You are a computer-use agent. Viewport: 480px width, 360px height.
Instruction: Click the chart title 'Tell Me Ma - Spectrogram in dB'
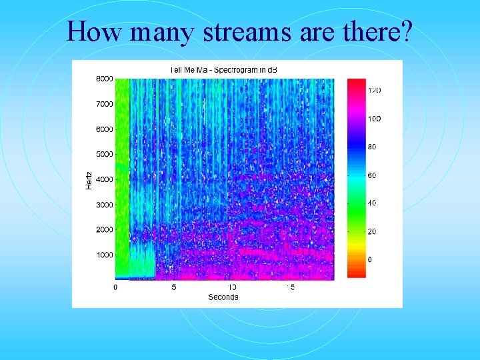click(x=223, y=69)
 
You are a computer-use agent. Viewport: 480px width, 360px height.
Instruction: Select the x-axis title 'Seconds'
click(x=223, y=297)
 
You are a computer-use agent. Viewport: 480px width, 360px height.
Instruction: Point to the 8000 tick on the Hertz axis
click(x=104, y=79)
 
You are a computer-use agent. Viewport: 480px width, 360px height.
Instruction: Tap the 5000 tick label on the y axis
click(x=104, y=154)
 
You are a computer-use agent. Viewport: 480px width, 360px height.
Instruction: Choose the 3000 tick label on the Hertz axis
click(x=104, y=205)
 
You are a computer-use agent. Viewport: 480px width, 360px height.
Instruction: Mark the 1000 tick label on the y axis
click(x=104, y=255)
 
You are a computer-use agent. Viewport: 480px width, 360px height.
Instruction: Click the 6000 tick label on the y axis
click(x=104, y=129)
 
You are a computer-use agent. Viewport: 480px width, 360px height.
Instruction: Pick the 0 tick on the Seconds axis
click(x=115, y=287)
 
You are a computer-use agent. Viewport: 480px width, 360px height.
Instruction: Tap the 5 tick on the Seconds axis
click(x=174, y=287)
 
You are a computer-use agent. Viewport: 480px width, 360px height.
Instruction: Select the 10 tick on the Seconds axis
click(x=232, y=287)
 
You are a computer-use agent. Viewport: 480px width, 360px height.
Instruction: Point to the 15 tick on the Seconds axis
click(x=291, y=287)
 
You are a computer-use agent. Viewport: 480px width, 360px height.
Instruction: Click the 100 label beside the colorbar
click(x=375, y=119)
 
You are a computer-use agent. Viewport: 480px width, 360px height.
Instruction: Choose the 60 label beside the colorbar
click(x=373, y=175)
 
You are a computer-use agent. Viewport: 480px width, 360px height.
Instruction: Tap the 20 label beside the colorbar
click(x=373, y=231)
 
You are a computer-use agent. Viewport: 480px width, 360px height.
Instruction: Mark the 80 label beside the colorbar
click(x=373, y=147)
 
